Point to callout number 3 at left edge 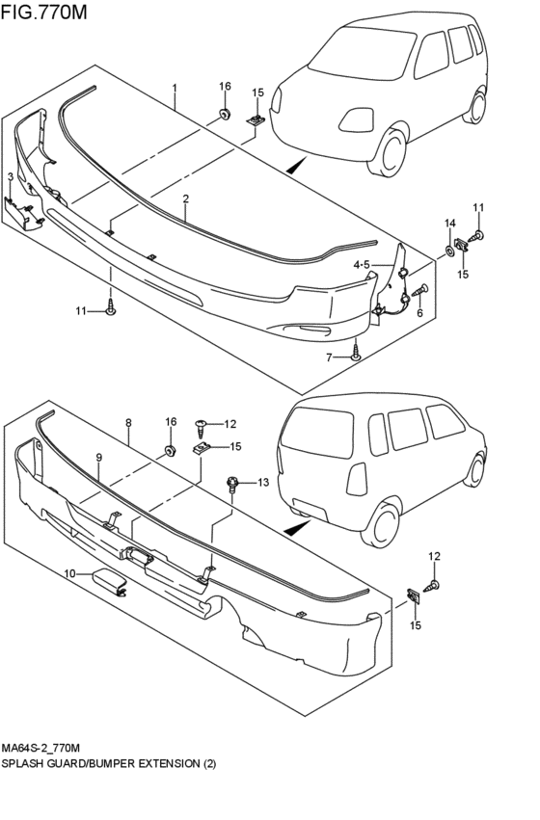click(10, 177)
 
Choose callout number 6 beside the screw click(419, 313)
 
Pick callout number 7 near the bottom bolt click(329, 357)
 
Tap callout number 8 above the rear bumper click(128, 422)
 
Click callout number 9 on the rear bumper click(98, 457)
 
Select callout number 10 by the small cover click(69, 574)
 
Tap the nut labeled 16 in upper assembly click(225, 115)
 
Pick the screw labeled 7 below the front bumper click(356, 356)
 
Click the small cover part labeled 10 click(109, 582)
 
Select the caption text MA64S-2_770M click(44, 748)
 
